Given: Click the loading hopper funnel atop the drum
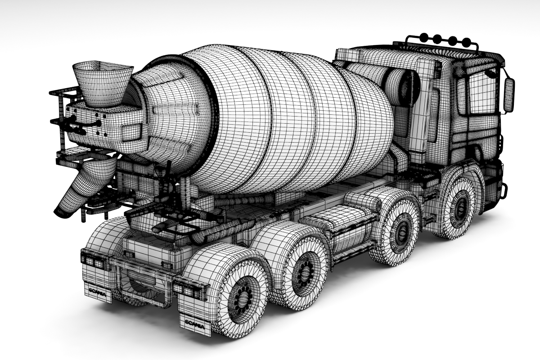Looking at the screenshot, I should (x=102, y=83).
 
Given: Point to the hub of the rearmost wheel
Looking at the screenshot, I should (x=243, y=297).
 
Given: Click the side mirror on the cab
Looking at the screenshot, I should (x=508, y=95).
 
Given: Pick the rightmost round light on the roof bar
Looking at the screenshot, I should (x=465, y=42).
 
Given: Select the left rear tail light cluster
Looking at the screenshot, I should (x=94, y=259).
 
